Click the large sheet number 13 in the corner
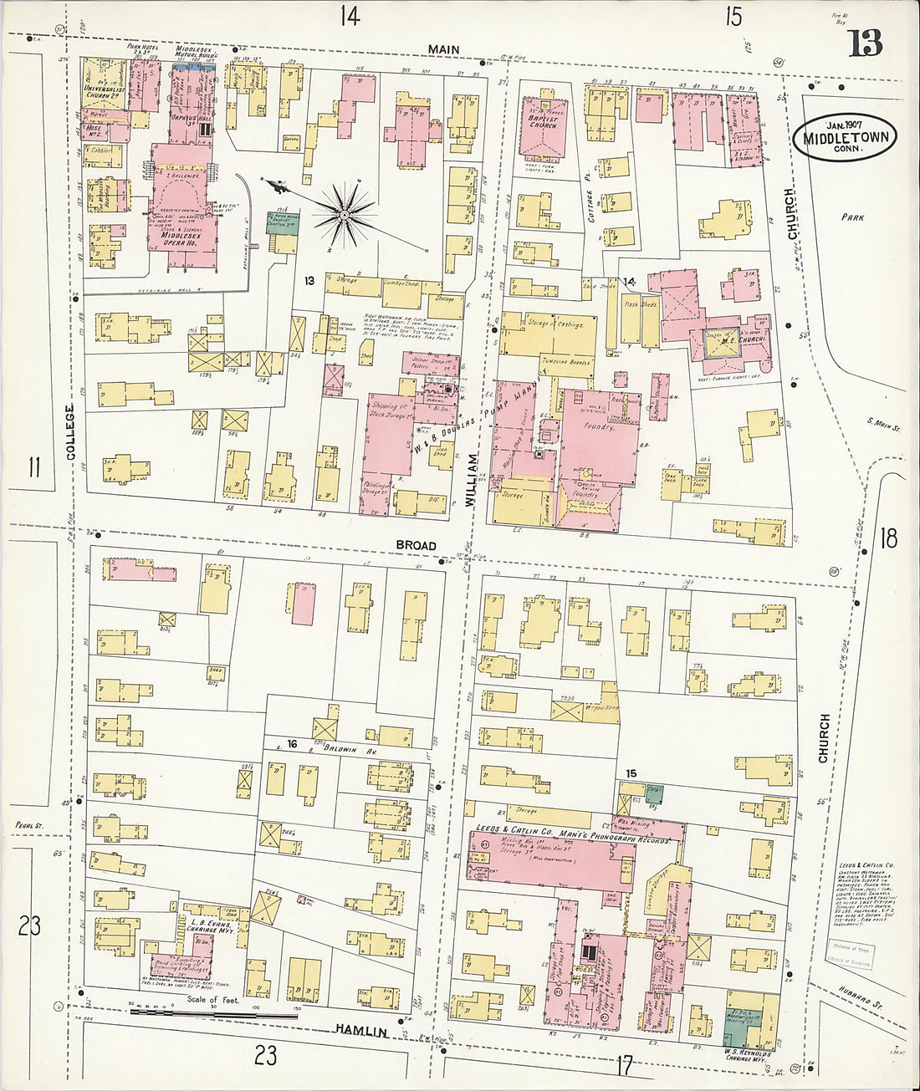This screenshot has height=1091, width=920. point(865,41)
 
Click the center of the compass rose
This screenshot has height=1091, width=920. point(344,216)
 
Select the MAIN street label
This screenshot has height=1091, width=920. point(443,49)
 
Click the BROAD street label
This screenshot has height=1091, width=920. point(416,545)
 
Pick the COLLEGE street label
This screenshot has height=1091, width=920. point(70,431)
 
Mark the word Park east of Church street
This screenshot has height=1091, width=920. point(852,217)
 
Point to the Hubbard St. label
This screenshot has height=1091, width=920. point(869,998)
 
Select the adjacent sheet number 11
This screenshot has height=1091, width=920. point(33,466)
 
